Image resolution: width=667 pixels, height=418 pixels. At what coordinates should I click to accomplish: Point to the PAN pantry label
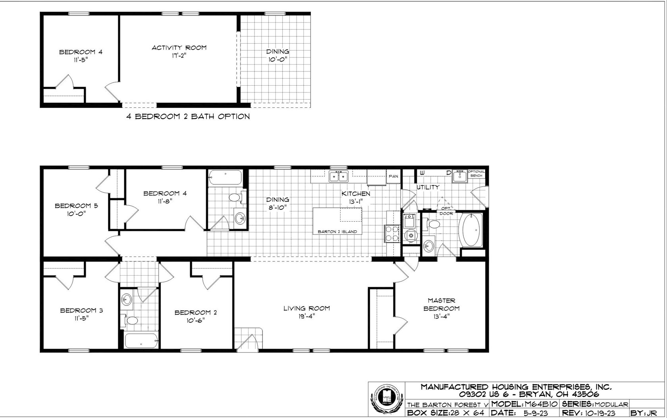pos(393,176)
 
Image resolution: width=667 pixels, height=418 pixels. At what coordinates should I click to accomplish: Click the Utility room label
pos(428,187)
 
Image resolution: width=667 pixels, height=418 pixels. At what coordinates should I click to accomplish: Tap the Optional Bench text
pos(476,173)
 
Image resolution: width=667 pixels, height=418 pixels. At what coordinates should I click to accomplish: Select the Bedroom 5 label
pos(71,209)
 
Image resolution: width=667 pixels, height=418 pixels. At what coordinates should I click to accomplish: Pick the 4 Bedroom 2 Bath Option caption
pos(188,117)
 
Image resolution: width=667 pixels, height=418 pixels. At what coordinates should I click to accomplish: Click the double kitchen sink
pos(339,176)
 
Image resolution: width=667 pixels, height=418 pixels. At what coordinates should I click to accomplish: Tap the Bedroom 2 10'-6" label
pos(196,316)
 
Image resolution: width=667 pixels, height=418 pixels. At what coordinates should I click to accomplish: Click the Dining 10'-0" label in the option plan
pos(277,55)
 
